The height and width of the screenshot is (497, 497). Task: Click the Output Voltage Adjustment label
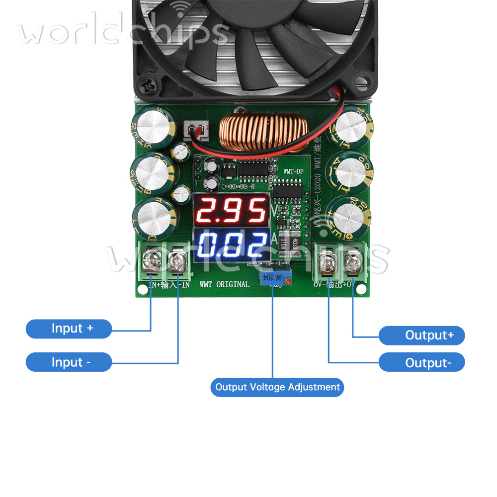[x=277, y=387]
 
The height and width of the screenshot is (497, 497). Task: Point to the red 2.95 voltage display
[x=231, y=210]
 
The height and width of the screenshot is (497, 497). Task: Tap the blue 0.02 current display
[x=231, y=245]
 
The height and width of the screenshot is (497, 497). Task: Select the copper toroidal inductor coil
[x=264, y=133]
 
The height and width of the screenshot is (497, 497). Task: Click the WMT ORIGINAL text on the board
[x=225, y=284]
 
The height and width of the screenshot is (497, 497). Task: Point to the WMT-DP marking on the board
[x=293, y=171]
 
